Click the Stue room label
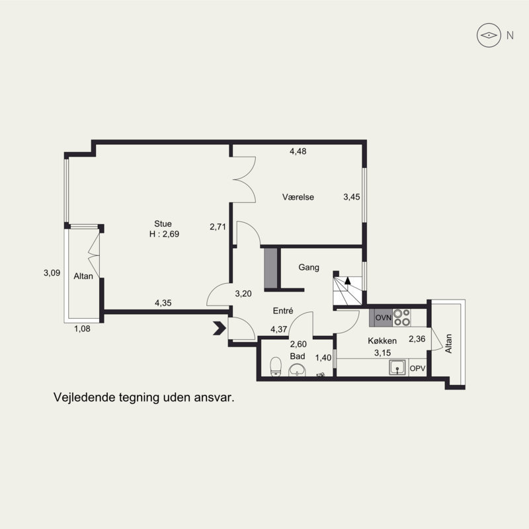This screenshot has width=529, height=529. click(x=163, y=224)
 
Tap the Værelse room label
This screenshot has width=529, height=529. click(x=298, y=197)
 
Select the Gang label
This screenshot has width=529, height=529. click(x=309, y=268)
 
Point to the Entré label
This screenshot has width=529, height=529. click(x=283, y=311)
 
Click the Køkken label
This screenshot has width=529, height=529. click(x=382, y=341)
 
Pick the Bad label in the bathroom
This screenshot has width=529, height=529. click(x=298, y=356)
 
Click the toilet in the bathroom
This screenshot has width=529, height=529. click(x=276, y=366)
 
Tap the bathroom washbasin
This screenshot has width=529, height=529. click(x=297, y=370)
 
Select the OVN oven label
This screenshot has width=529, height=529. click(x=384, y=317)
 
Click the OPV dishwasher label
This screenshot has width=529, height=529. click(x=417, y=368)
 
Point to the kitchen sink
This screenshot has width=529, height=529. click(x=398, y=368)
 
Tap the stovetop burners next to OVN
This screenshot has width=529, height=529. click(x=402, y=317)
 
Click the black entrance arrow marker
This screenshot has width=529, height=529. click(x=220, y=328)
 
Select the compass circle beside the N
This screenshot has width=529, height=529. click(x=489, y=35)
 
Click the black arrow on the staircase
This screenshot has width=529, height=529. click(x=348, y=280)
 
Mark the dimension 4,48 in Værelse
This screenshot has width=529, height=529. click(x=298, y=151)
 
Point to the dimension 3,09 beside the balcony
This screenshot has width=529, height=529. click(x=52, y=273)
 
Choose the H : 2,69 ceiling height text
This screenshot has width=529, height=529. click(x=164, y=234)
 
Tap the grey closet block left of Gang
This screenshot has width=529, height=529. click(x=270, y=268)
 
